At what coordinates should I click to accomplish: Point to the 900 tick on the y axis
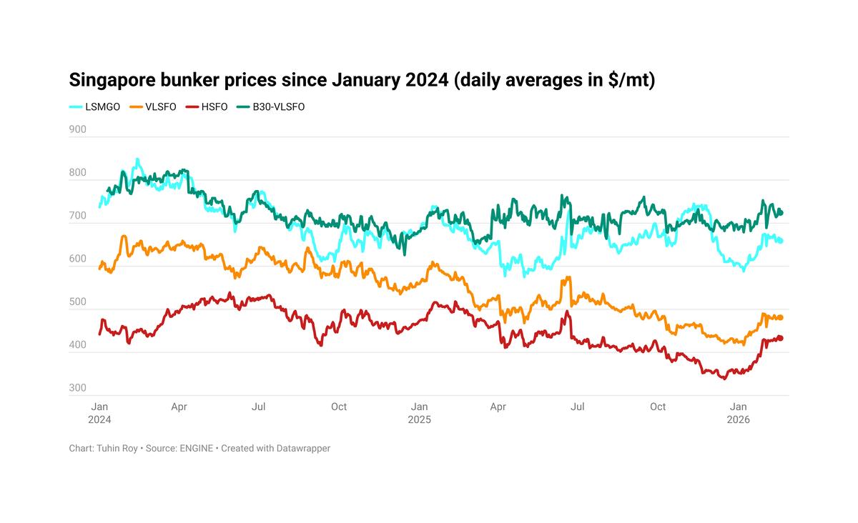[77, 130]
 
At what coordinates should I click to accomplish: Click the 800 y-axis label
[77, 173]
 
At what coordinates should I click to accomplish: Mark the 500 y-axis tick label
[77, 302]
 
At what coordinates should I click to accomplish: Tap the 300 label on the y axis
[77, 388]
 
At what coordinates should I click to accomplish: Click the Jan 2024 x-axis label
[99, 413]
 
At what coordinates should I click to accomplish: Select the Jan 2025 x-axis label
[419, 413]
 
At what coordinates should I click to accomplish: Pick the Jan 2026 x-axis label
[738, 413]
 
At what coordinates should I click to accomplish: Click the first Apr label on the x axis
[179, 407]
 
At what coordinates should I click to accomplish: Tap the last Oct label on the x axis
[658, 407]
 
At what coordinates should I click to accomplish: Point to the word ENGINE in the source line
[197, 448]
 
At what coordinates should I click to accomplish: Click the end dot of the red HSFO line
[781, 338]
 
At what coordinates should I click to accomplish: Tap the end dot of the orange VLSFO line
[781, 317]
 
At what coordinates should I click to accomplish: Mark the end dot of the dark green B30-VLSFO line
[781, 212]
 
